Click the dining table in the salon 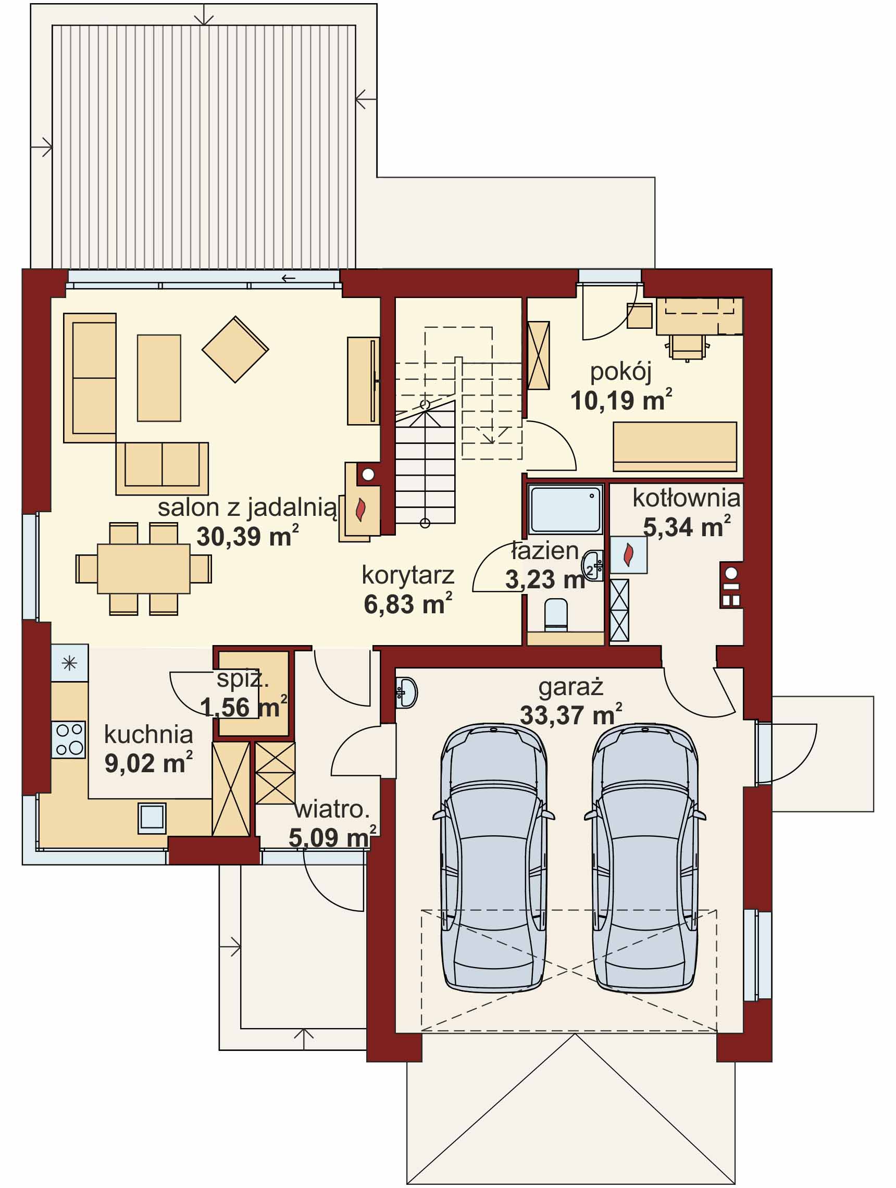[143, 568]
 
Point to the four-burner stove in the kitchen [69, 739]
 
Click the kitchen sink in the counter [152, 818]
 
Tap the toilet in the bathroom [556, 614]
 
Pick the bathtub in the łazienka [564, 508]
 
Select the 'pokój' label [620, 372]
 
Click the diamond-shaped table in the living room [235, 349]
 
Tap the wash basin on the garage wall [407, 692]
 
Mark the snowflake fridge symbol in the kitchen [69, 664]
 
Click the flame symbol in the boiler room [628, 555]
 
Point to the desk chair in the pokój [687, 346]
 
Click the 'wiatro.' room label [332, 809]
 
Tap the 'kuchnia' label [148, 735]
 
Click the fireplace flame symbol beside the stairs [361, 509]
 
